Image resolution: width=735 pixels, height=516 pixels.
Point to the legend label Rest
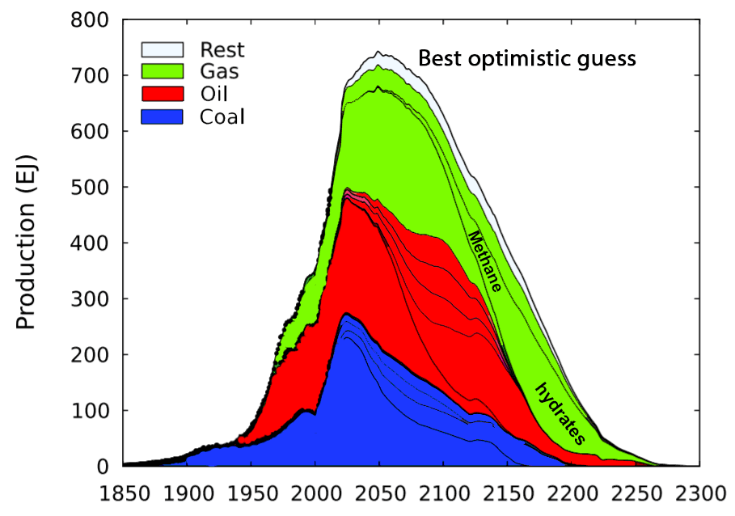click(x=222, y=49)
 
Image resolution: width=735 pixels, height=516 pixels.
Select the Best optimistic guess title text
click(x=526, y=59)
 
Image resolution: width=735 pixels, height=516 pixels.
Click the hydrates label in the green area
click(x=560, y=413)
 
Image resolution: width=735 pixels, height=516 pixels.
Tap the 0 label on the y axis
click(x=103, y=467)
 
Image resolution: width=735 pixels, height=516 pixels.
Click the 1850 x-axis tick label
click(x=124, y=493)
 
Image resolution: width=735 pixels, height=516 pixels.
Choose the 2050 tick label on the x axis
click(x=379, y=493)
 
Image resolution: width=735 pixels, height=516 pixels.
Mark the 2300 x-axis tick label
click(x=699, y=493)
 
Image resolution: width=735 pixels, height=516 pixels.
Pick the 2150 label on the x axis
click(x=507, y=493)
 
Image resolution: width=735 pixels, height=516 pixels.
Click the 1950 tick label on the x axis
click(x=251, y=493)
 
